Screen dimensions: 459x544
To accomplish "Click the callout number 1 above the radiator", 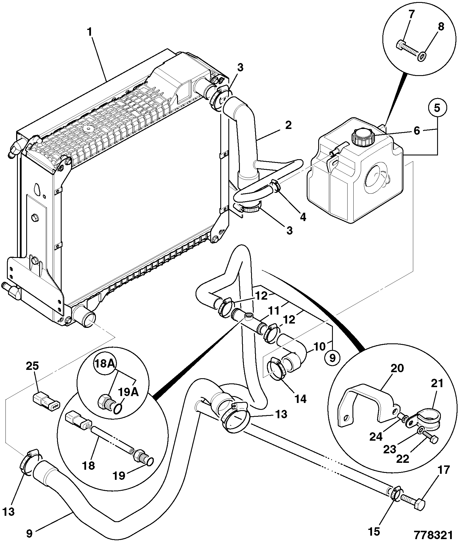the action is click(90, 32).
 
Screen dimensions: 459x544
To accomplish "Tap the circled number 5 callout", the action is click(437, 109).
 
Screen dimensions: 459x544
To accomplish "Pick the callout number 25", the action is click(32, 366).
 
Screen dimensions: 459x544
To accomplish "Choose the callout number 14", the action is click(301, 399).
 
